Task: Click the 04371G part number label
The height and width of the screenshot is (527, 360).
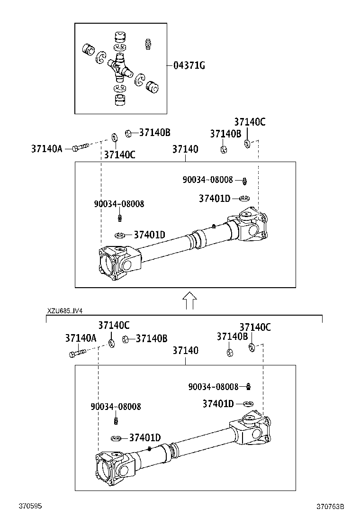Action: pos(189,65)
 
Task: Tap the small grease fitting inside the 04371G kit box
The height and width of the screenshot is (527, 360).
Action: pos(147,44)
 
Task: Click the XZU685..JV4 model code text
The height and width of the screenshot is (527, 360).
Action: pos(65,311)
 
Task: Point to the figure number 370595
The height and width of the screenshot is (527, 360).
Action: pos(30,506)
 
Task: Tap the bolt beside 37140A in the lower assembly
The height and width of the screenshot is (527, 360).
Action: pos(77,353)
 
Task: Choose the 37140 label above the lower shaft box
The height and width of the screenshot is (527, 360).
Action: pos(185,350)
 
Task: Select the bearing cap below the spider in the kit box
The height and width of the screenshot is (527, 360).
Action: pos(119,100)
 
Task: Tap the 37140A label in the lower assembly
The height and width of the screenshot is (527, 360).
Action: pos(81,338)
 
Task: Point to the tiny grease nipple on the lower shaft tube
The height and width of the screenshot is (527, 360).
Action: pos(150,448)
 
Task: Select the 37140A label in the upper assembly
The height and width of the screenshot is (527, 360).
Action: pos(47,148)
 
